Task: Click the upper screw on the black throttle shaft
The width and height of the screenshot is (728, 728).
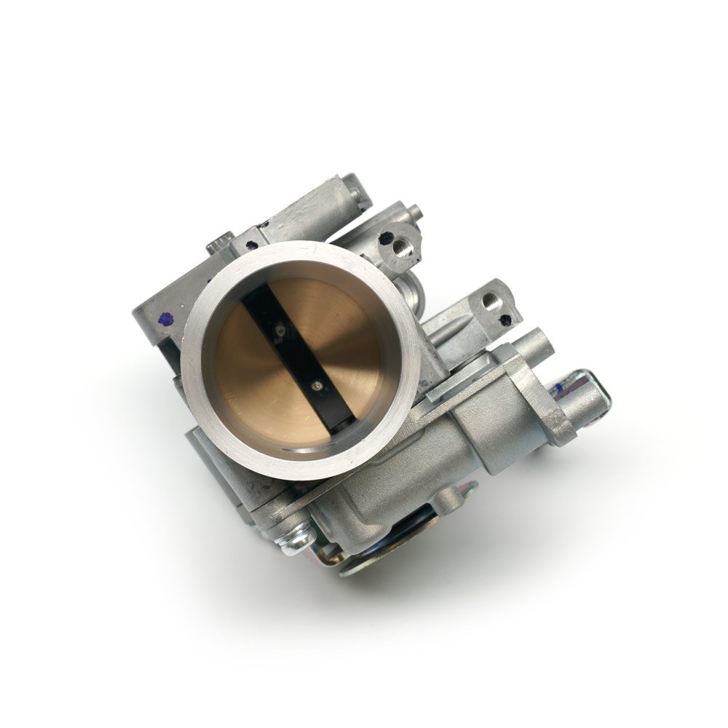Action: (279, 331)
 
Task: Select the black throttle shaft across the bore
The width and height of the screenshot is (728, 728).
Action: (297, 357)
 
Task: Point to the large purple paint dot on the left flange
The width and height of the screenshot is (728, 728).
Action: (167, 319)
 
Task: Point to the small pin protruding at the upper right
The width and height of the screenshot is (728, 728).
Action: (414, 211)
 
